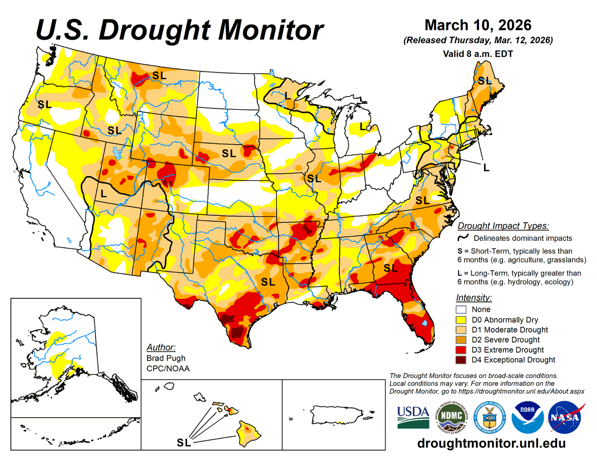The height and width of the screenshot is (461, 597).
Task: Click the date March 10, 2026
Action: [478, 25]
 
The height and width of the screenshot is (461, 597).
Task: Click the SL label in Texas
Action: [268, 282]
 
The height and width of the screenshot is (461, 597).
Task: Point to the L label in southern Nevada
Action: [103, 194]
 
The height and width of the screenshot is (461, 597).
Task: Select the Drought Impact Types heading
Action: [503, 226]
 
